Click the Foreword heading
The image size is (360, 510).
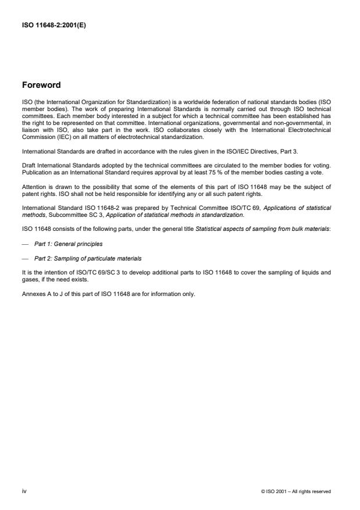41,85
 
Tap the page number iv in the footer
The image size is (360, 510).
24,491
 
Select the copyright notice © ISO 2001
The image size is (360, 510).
296,491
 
